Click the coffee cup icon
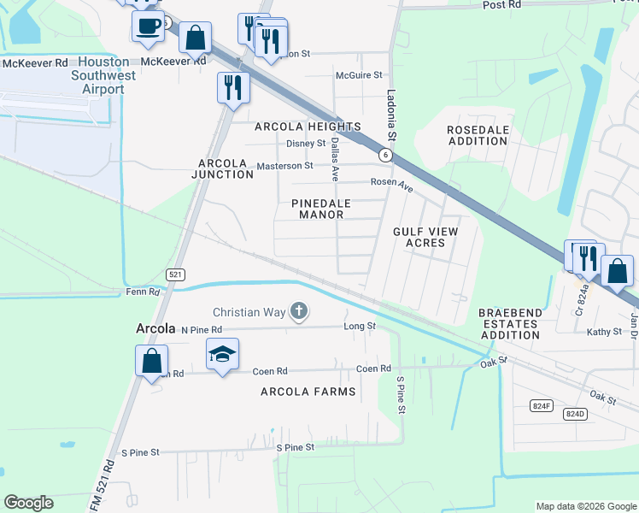(148, 26)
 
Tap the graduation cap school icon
(222, 354)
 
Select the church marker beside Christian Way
(299, 311)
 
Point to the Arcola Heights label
(308, 127)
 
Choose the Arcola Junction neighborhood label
(226, 168)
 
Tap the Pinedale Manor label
(316, 209)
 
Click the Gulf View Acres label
(425, 237)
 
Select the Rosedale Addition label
(478, 135)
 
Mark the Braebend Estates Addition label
(509, 324)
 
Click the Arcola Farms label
(308, 392)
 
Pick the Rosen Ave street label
(391, 184)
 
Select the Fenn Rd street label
(142, 292)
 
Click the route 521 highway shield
(175, 274)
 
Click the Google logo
(29, 503)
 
